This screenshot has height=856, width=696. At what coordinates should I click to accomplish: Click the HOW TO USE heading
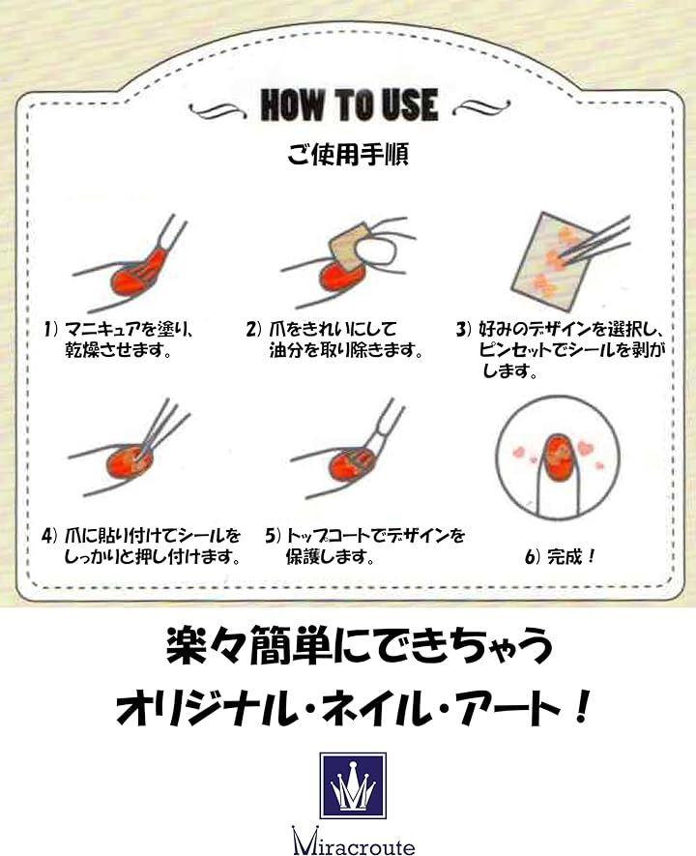tap(349, 104)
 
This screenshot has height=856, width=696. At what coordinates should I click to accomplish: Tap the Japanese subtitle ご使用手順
tap(348, 154)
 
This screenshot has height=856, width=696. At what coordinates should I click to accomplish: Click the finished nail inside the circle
tap(558, 458)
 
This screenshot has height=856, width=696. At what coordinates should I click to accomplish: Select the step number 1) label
tap(51, 329)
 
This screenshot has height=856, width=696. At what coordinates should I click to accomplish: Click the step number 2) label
tap(255, 329)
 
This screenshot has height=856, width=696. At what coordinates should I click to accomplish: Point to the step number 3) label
tap(464, 329)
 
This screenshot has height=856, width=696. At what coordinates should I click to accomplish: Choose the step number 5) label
tap(274, 536)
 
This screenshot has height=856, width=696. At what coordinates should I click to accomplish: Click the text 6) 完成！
tap(560, 557)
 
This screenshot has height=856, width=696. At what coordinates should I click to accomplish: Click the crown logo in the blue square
tap(353, 785)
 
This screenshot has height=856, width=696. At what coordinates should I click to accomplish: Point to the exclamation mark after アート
tap(581, 708)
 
